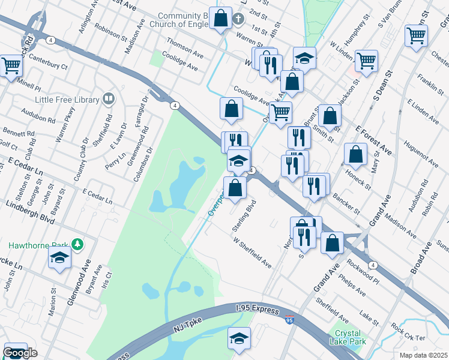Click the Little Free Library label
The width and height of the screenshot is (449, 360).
[x=65, y=100]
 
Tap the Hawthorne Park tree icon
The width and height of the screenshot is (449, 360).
[x=77, y=245]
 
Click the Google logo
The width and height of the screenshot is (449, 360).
[x=20, y=353]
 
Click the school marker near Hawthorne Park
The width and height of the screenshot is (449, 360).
[x=59, y=258]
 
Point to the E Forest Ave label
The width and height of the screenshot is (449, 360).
[x=373, y=140]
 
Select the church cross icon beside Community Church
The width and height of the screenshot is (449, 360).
[x=238, y=19]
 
